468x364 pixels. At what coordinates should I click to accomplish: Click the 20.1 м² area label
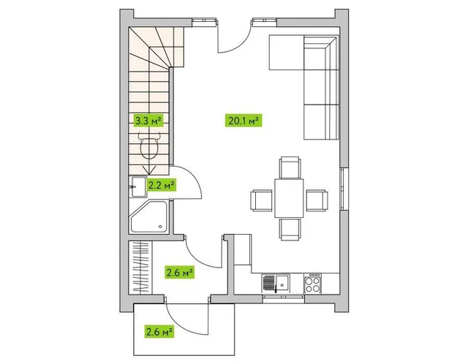pos(244,121)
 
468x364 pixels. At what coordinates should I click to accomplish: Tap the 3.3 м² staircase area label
pos(148,121)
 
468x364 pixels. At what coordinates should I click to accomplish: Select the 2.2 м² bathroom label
pos(161,185)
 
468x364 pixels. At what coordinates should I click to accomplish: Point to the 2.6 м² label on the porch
pos(159,331)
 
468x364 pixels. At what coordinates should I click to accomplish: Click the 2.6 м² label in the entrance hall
pos(179,272)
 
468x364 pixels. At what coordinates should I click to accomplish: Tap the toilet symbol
pos(149,145)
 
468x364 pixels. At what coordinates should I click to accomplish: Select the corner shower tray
pos(148,216)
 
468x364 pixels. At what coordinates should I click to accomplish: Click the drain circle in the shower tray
pos(161,227)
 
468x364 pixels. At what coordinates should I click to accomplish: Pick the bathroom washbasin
pos(138,187)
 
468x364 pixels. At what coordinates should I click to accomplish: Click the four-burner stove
pos(313,283)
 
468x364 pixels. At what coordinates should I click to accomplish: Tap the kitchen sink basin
pos(282,283)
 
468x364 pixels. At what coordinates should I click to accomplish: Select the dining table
pos(289,198)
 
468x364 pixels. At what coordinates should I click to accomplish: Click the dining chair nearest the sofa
pos(290,167)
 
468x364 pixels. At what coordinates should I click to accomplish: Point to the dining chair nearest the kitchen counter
pos(290,229)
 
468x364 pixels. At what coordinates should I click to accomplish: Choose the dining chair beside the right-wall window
pos(317,200)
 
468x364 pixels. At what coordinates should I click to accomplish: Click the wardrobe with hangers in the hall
pos(140,268)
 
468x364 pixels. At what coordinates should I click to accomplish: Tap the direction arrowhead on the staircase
pos(149,170)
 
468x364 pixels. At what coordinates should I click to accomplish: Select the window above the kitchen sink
pos(284,299)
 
